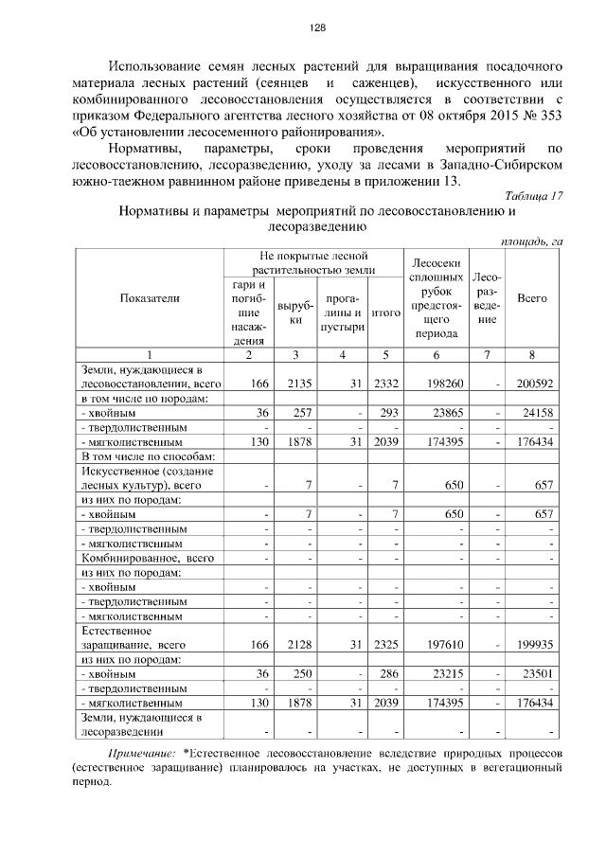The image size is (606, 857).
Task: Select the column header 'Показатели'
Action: (x=149, y=298)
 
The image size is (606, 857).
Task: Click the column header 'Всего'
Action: (x=533, y=298)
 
